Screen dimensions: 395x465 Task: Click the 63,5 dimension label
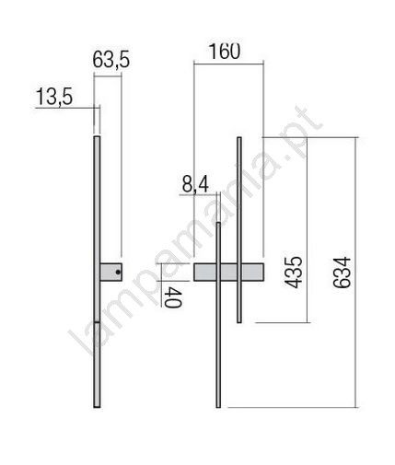[111, 60]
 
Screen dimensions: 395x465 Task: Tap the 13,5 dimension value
[54, 97]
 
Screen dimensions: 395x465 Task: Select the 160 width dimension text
[225, 52]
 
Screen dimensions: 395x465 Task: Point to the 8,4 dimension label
[195, 185]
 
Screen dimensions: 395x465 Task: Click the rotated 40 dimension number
[173, 297]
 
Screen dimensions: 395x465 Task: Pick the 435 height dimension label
[293, 273]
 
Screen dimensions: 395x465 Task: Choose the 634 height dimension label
[342, 273]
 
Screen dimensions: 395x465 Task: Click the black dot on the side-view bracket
[118, 272]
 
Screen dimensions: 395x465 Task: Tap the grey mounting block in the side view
[111, 272]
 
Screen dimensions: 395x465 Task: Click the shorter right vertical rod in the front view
[239, 230]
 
